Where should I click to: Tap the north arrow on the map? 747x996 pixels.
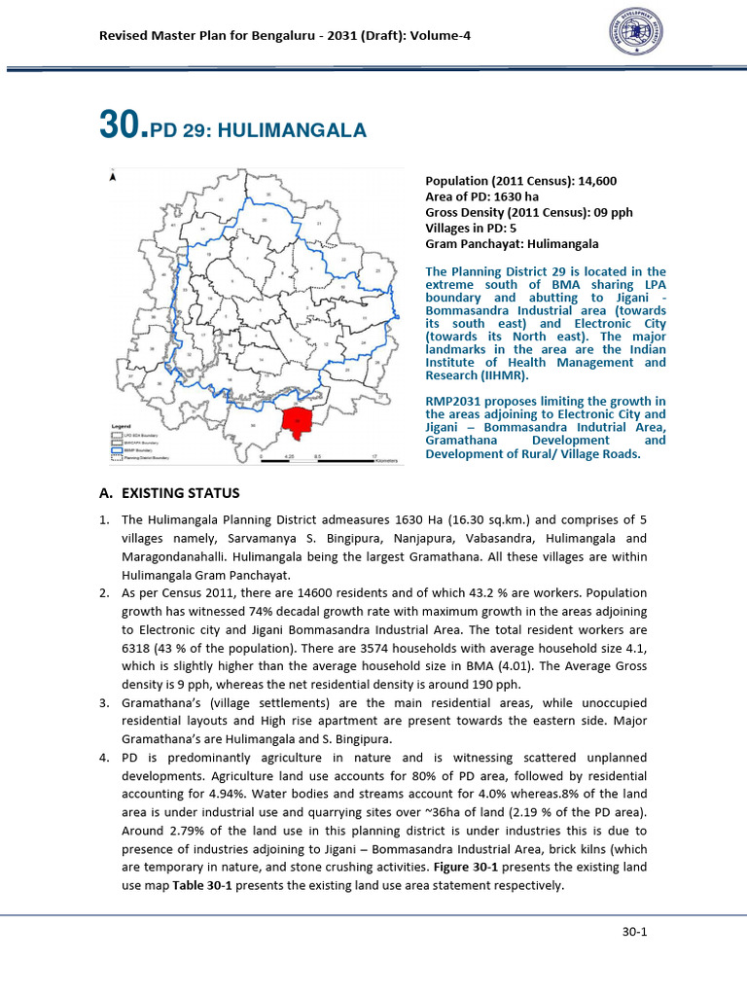(x=114, y=178)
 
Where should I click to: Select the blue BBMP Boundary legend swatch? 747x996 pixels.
(x=118, y=447)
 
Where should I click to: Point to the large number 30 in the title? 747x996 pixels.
(x=122, y=126)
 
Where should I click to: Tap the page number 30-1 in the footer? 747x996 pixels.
(x=635, y=932)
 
